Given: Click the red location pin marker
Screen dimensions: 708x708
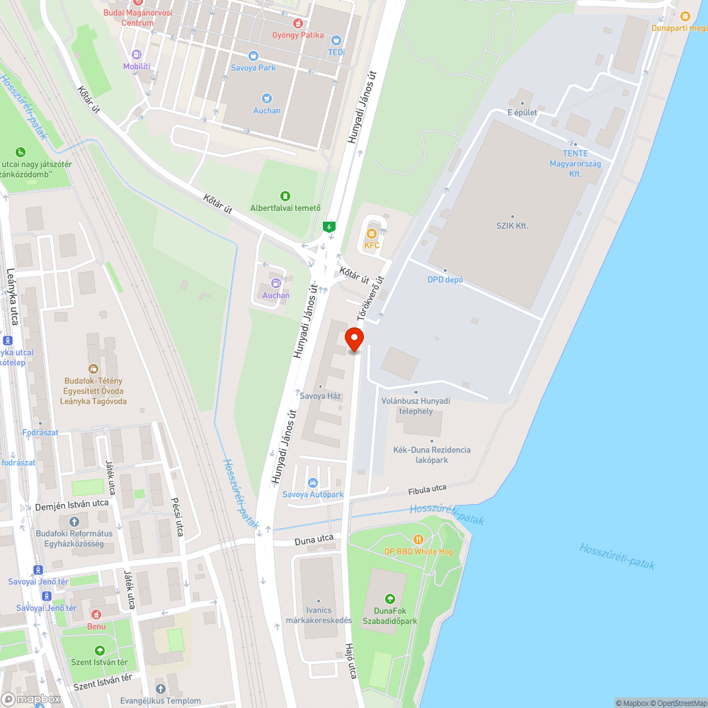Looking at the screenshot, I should click(354, 339).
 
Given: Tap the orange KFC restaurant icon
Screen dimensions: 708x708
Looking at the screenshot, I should click(372, 234).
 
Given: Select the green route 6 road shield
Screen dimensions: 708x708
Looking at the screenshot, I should click(329, 227).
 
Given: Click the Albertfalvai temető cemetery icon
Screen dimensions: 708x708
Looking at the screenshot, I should click(285, 195).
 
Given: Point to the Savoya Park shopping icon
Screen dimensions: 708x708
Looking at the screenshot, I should click(253, 55).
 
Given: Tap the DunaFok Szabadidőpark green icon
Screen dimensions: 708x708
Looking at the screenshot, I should click(388, 599).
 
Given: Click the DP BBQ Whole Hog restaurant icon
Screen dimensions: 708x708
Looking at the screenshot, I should click(418, 539).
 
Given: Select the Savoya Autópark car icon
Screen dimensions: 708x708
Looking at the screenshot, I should click(313, 483).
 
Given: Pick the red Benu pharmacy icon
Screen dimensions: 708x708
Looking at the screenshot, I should click(96, 614).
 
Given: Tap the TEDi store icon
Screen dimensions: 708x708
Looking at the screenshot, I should click(336, 40).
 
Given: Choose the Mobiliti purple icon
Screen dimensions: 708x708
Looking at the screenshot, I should click(137, 54).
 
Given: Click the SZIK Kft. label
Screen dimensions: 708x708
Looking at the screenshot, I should click(512, 226).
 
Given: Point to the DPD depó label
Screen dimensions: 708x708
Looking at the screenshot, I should click(445, 280).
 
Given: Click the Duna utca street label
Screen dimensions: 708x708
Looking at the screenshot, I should click(314, 539).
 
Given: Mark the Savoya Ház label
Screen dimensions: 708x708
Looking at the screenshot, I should click(321, 396).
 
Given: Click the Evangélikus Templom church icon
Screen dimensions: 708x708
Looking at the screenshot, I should click(160, 688).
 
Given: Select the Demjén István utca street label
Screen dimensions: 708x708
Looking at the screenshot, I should click(72, 504).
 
